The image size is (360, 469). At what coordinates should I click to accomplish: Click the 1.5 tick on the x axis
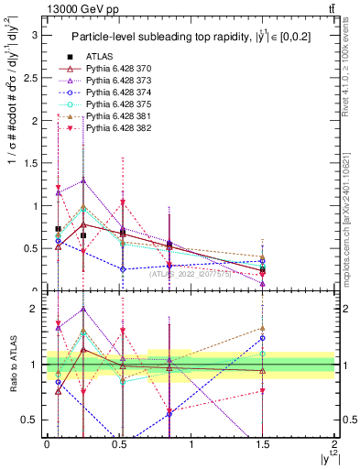263,446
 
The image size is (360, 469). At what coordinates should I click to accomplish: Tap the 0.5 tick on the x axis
119,446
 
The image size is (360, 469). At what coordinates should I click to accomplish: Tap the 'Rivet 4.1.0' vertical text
348,64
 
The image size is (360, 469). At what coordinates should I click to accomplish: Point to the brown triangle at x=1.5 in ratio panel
263,328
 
